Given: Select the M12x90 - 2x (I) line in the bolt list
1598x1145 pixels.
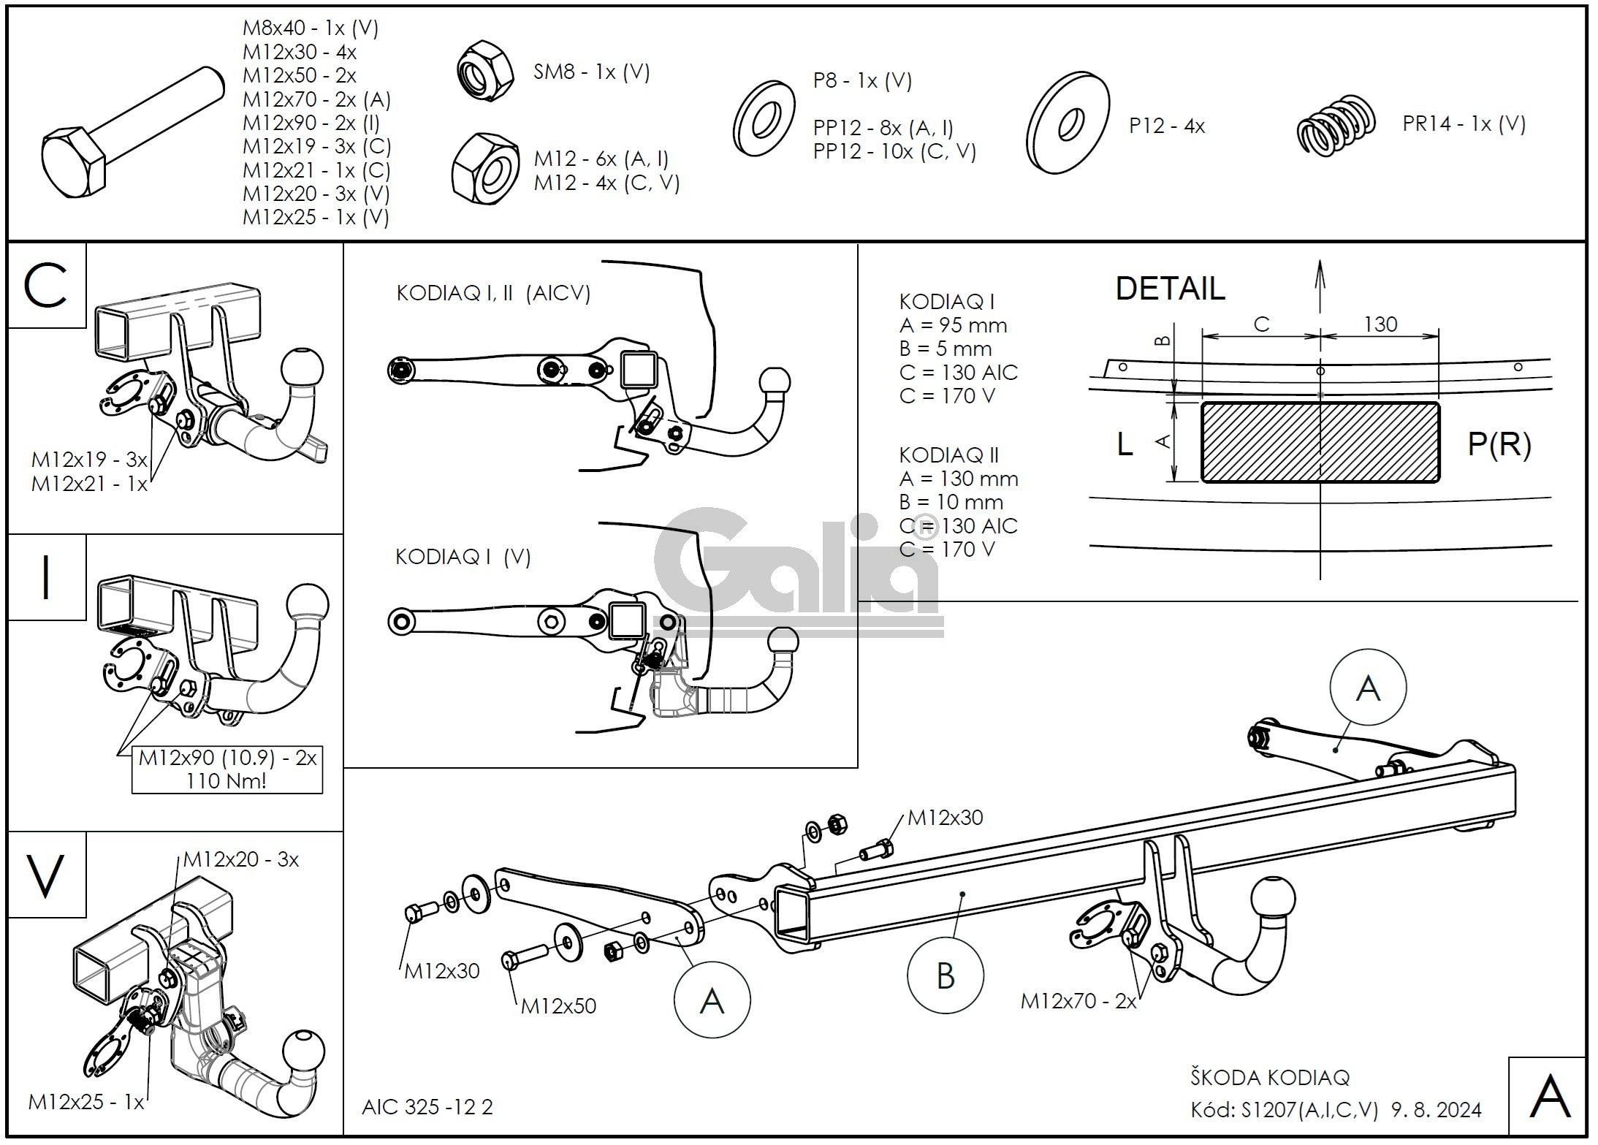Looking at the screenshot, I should tap(311, 123).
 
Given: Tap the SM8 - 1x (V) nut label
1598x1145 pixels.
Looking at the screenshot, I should tap(591, 72).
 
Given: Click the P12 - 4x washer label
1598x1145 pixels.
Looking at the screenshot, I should tap(1166, 126).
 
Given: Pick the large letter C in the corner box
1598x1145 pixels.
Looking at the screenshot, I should tap(45, 286).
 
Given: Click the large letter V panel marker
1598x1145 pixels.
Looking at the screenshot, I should tap(45, 875).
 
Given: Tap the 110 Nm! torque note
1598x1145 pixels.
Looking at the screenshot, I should tap(227, 780).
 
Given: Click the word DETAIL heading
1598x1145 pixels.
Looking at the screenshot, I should tap(1170, 289).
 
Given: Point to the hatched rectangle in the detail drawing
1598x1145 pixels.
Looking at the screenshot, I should tap(1320, 442).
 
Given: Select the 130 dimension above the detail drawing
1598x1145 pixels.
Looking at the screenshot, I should tap(1380, 324).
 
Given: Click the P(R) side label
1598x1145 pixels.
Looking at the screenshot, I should tap(1499, 444).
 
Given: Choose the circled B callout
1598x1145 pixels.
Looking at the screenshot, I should tap(946, 975).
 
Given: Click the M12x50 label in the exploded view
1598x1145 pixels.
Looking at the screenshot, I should tap(558, 1006).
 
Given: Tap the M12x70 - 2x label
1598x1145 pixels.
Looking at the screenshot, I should tap(1078, 1001).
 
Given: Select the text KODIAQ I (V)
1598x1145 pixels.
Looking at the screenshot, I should tap(463, 558).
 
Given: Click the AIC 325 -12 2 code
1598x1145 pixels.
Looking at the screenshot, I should tap(427, 1107).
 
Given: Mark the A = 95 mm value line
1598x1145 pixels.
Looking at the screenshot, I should tap(953, 326).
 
